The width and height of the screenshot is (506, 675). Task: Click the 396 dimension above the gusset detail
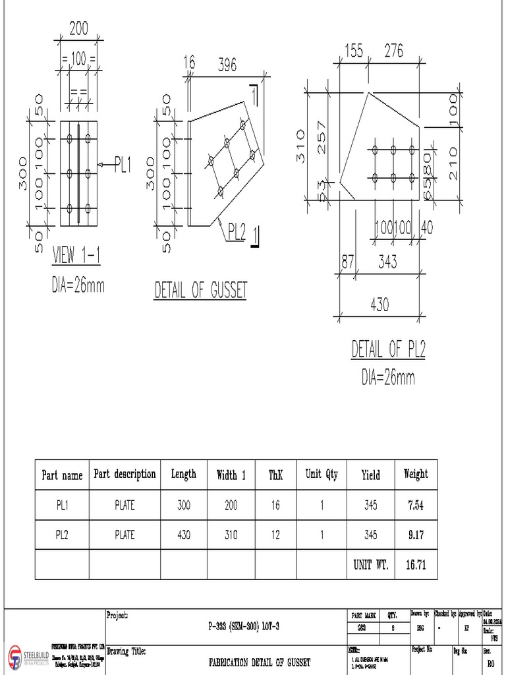pos(227,64)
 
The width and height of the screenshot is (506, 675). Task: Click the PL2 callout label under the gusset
pos(237,231)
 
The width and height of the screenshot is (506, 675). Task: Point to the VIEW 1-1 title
pos(76,255)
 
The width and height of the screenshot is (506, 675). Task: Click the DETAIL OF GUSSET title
pos(200,290)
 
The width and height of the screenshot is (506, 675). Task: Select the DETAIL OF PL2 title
pos(388,349)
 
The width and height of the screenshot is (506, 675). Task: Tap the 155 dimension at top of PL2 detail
pos(353,51)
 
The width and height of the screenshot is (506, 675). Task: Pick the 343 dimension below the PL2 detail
pos(387,262)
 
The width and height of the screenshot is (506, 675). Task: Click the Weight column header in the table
pos(415,474)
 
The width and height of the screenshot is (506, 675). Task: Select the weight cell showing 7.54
pos(415,505)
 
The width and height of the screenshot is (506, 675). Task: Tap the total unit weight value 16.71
pos(415,565)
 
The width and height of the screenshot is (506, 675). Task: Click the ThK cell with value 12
pos(275,535)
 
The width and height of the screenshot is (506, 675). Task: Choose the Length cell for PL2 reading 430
pos(183,535)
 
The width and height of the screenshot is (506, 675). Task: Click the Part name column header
pos(62,475)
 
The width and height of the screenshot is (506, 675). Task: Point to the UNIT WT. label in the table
pos(371,565)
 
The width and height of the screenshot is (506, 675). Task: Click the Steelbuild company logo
pos(14,658)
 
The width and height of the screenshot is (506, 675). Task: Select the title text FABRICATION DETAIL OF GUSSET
pos(259,662)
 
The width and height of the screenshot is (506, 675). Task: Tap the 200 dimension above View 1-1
pos(78,28)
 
